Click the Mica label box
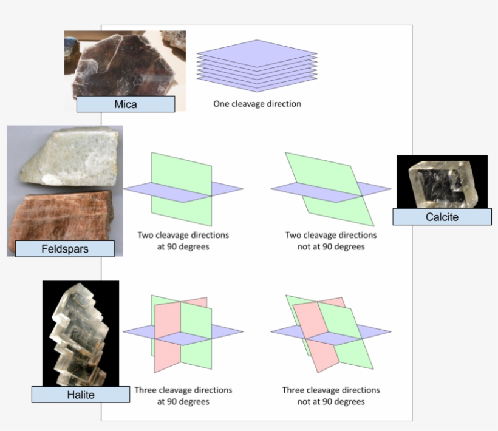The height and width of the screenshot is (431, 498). coord(126,104)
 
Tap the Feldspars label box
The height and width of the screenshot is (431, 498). coord(64,248)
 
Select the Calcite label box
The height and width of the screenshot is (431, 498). coord(442,217)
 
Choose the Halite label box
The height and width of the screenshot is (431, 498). coord(80,395)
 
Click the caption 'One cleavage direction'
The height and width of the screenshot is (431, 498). coord(257,104)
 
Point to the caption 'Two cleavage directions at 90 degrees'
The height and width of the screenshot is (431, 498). coord(183,241)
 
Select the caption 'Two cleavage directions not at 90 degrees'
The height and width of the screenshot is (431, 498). coord(331,241)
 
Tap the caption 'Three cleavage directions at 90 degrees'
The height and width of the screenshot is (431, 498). coord(183,396)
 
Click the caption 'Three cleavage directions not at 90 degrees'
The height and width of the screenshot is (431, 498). coord(331,396)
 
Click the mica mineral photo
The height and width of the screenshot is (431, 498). coord(124,64)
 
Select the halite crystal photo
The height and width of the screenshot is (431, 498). coord(80,331)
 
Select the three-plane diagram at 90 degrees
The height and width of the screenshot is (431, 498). coord(183,331)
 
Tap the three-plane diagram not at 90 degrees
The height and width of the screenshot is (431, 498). coord(331,331)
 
